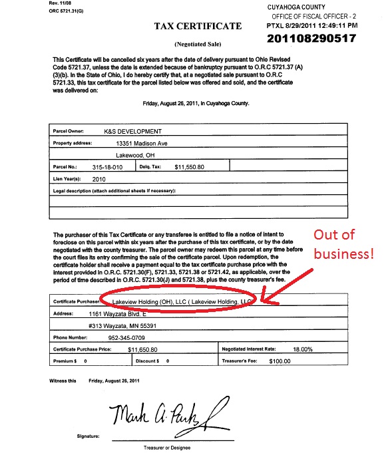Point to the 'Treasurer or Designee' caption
(167, 448)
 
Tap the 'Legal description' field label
(114, 190)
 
